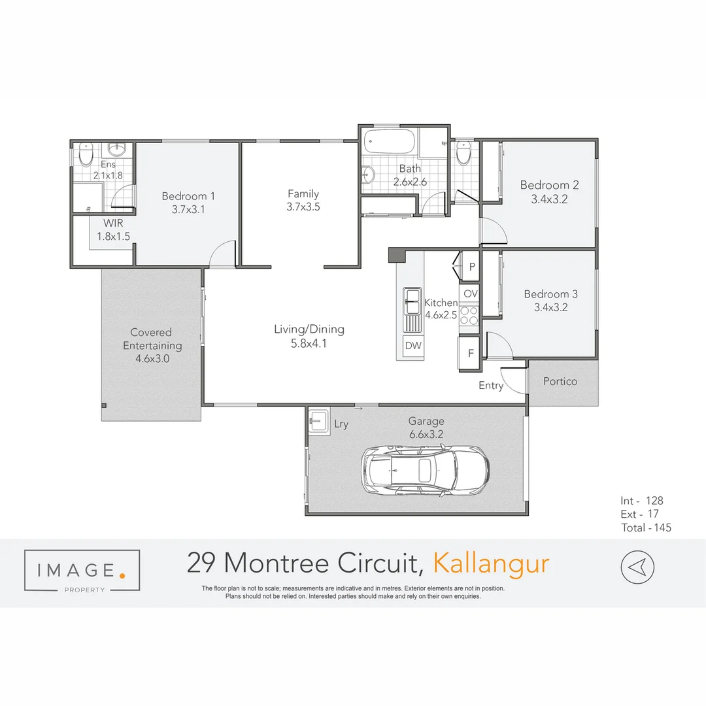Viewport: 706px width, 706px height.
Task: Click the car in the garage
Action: [425, 469]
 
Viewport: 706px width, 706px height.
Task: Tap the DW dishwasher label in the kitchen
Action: [413, 346]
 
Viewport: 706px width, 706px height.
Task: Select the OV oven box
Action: [471, 294]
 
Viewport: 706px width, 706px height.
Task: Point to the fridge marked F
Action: [470, 354]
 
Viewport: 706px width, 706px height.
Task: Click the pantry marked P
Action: [471, 267]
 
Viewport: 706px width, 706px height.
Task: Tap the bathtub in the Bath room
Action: [389, 141]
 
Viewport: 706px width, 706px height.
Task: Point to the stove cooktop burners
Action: [469, 316]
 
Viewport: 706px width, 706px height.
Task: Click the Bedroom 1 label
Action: [188, 196]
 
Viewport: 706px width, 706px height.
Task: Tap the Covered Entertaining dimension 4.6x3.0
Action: [152, 358]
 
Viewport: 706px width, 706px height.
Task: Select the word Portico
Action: [560, 381]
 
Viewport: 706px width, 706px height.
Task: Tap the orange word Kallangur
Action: [492, 563]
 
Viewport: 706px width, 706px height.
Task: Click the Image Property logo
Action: [82, 571]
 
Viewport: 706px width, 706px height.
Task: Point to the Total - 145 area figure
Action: [646, 528]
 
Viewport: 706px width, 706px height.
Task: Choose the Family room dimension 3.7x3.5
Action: [303, 207]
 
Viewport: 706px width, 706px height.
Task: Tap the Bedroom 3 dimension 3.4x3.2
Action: [550, 308]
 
